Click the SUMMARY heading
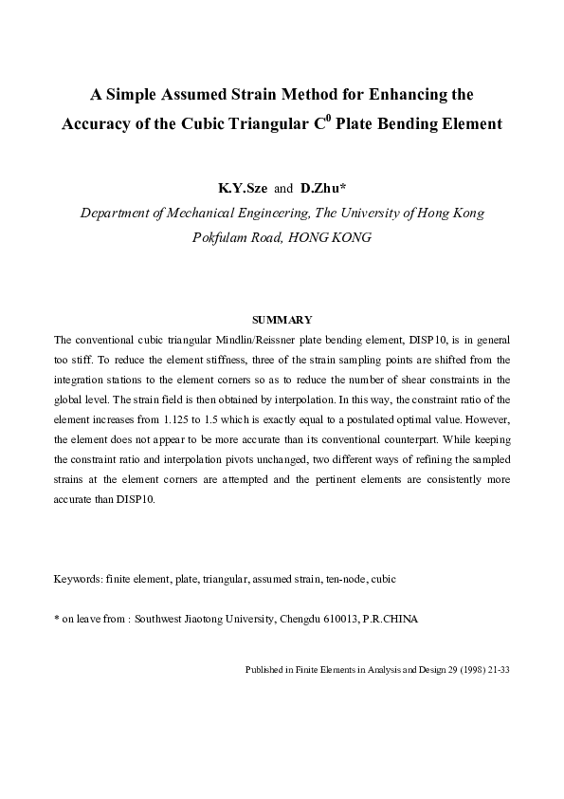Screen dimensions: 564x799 point(282,320)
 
